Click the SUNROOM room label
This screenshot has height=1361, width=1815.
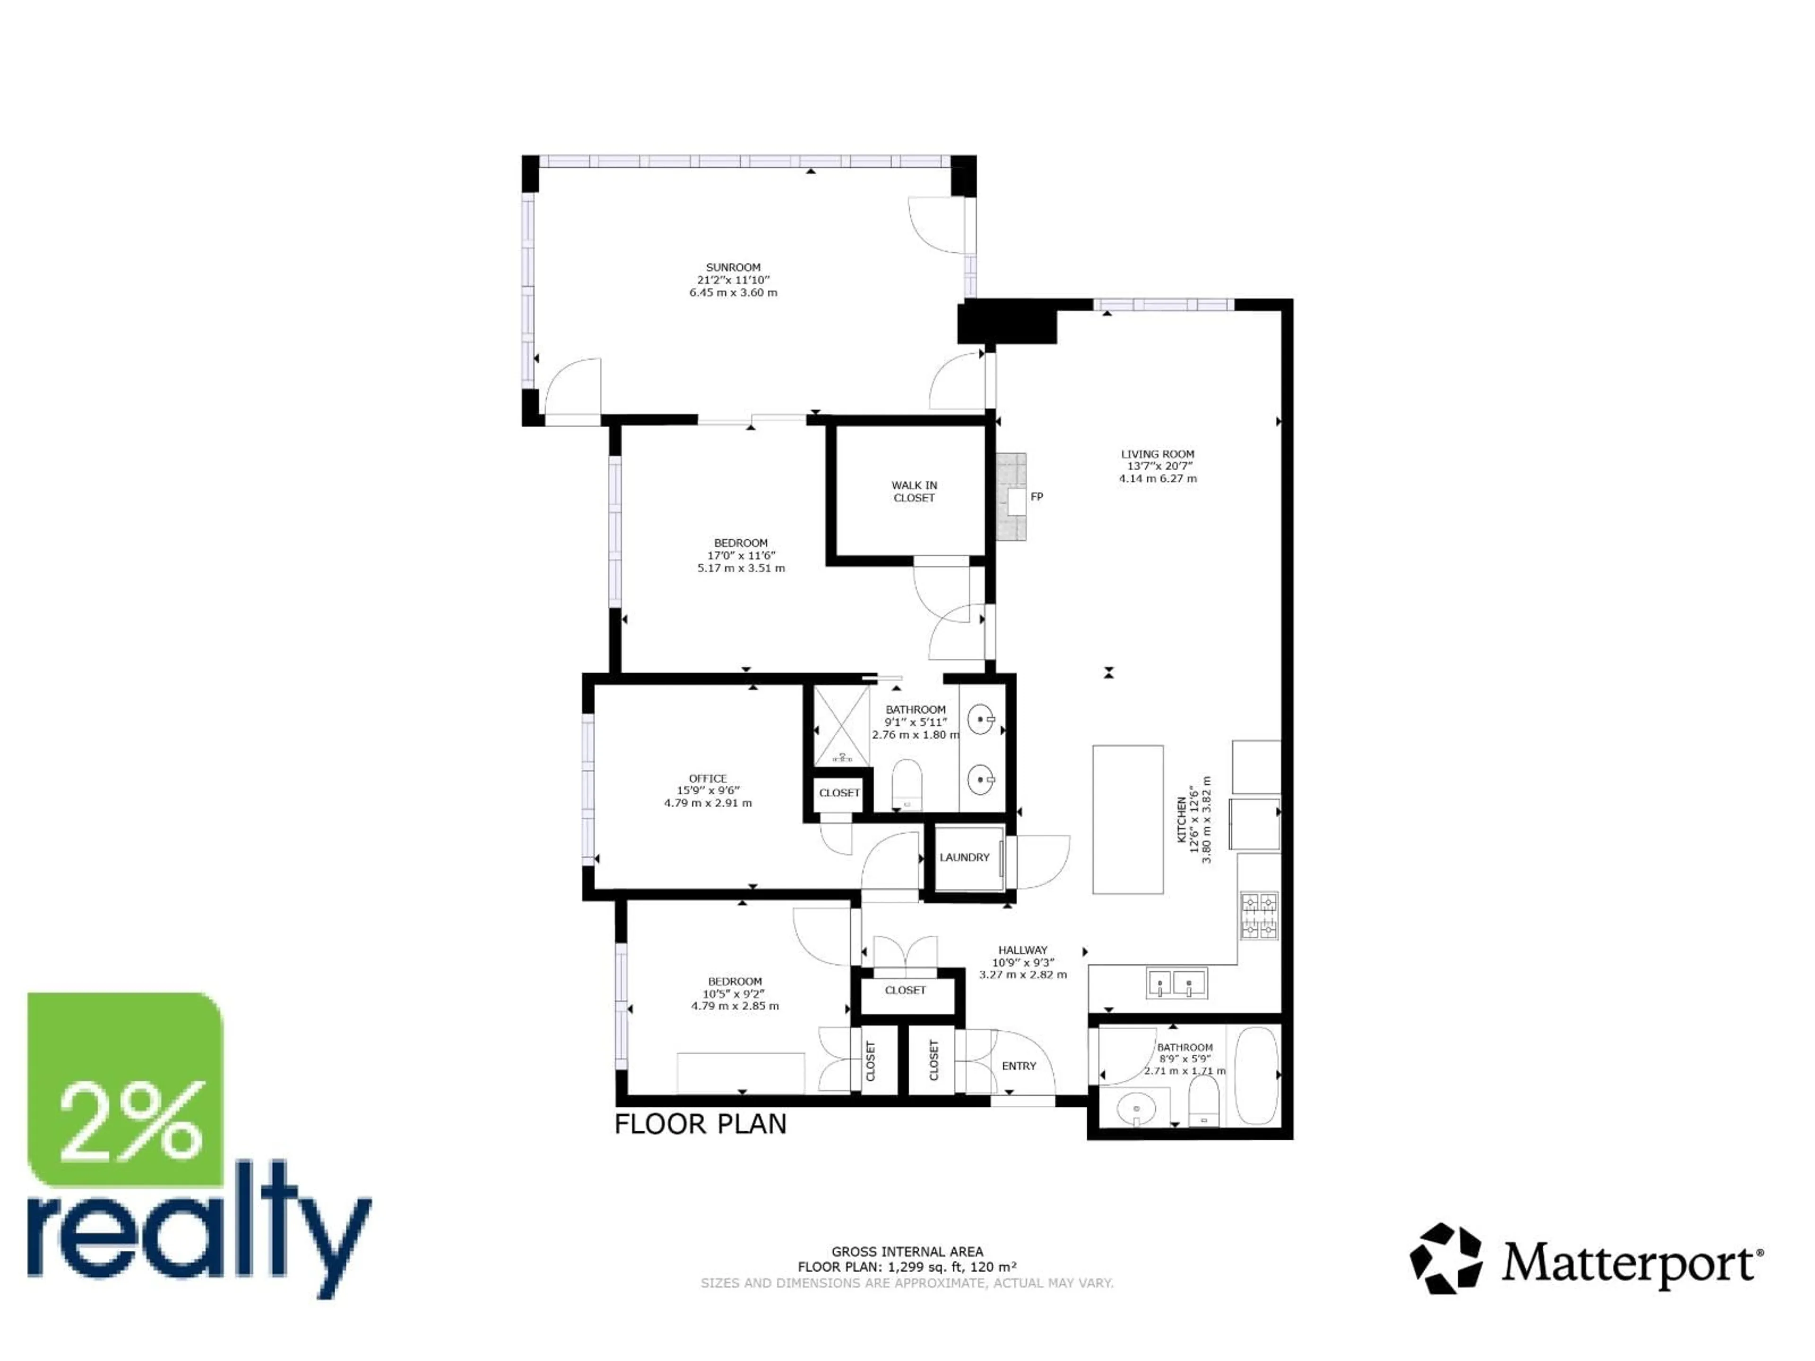coord(733,267)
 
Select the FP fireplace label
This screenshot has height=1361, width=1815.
coord(1037,496)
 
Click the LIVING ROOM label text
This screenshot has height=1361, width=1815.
coord(1157,454)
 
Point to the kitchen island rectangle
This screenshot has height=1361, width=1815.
coord(1127,819)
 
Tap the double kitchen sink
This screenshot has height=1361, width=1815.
coord(1176,983)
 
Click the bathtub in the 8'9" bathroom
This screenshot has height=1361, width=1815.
coord(1256,1075)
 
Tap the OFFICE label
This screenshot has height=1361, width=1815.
coord(707,778)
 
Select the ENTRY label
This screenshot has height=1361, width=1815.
coord(1018,1066)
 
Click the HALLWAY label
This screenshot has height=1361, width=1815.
coord(1022,950)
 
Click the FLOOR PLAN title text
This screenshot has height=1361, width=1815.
coord(700,1124)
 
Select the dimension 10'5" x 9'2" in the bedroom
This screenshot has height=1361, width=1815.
coord(735,993)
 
